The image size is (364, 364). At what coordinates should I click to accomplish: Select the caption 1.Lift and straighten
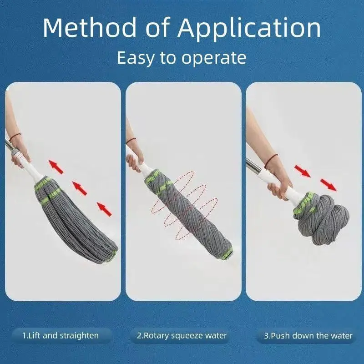[x=61, y=336]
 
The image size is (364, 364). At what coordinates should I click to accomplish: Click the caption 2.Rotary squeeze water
[x=182, y=336]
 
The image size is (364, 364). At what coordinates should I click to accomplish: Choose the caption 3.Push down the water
[x=308, y=336]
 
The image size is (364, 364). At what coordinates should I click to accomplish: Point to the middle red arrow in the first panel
[x=80, y=187]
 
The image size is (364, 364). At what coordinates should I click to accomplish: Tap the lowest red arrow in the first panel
[x=104, y=209]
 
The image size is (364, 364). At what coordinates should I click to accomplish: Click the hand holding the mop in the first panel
[x=20, y=155]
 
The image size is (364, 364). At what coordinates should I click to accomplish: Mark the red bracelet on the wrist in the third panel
[x=272, y=159]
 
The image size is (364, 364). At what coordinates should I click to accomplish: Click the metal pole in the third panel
[x=253, y=166]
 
